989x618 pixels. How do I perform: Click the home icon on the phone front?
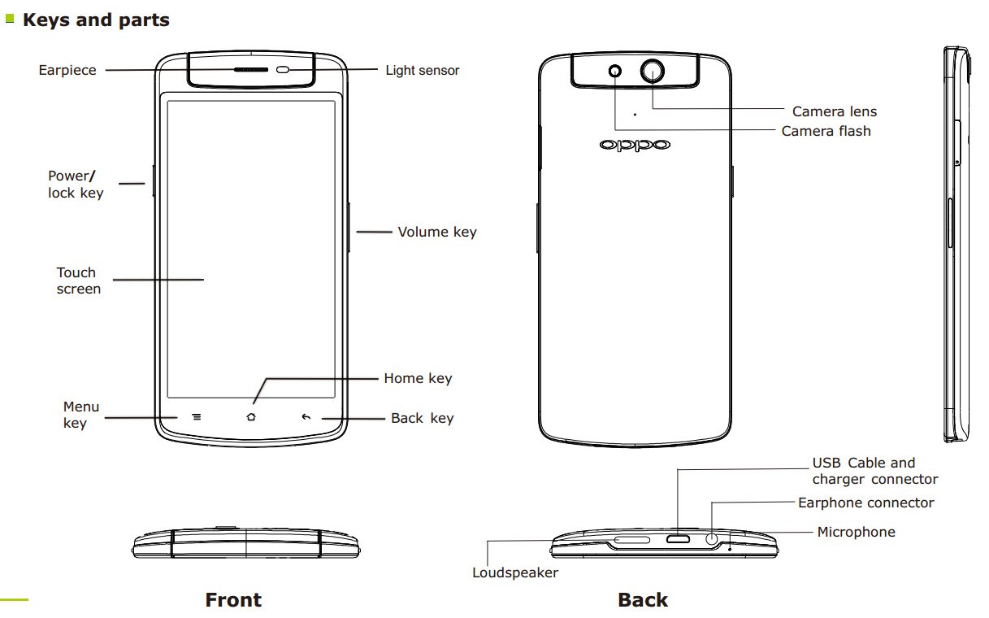[251, 416]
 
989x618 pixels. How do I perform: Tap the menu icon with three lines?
[197, 416]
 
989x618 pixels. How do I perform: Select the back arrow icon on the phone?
[306, 416]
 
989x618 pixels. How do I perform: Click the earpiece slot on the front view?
[251, 70]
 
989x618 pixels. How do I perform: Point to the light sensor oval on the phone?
[283, 70]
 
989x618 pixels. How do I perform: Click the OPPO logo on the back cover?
[635, 145]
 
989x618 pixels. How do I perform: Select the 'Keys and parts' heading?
[96, 20]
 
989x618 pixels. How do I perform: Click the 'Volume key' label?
[437, 233]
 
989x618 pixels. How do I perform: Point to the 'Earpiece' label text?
[67, 70]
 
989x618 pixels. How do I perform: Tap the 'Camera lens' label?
[835, 111]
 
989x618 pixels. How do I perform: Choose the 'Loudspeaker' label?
[514, 573]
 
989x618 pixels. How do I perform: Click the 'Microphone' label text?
[856, 532]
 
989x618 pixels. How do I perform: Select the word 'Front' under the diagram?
[233, 600]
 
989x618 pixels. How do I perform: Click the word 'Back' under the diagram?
[643, 600]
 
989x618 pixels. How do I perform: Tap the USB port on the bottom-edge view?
[678, 539]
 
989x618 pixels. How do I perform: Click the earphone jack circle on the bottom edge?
[711, 539]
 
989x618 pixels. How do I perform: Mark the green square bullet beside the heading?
[10, 19]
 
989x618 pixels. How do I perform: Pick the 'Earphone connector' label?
[865, 503]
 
